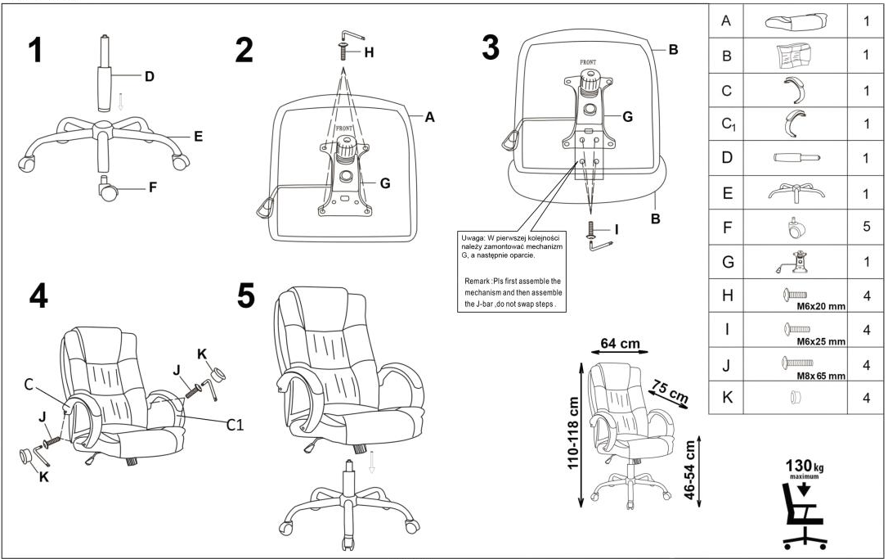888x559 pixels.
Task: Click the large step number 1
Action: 34,50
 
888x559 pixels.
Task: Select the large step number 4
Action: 38,295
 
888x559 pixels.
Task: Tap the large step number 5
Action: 246,296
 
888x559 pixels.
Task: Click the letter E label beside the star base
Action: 197,137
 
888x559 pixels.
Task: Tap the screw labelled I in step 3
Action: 590,231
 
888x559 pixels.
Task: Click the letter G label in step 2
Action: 384,183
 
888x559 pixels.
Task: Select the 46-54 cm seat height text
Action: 690,470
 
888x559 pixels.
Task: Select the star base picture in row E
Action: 795,192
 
